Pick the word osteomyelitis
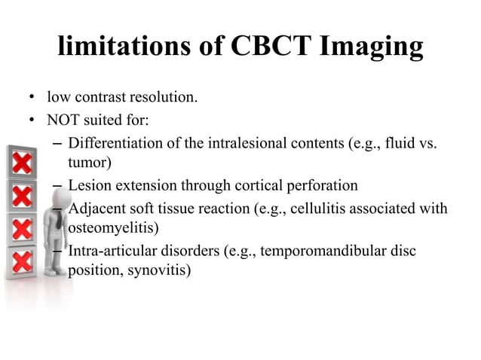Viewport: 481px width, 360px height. [x=109, y=227]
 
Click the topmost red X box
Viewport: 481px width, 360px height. [x=22, y=160]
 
